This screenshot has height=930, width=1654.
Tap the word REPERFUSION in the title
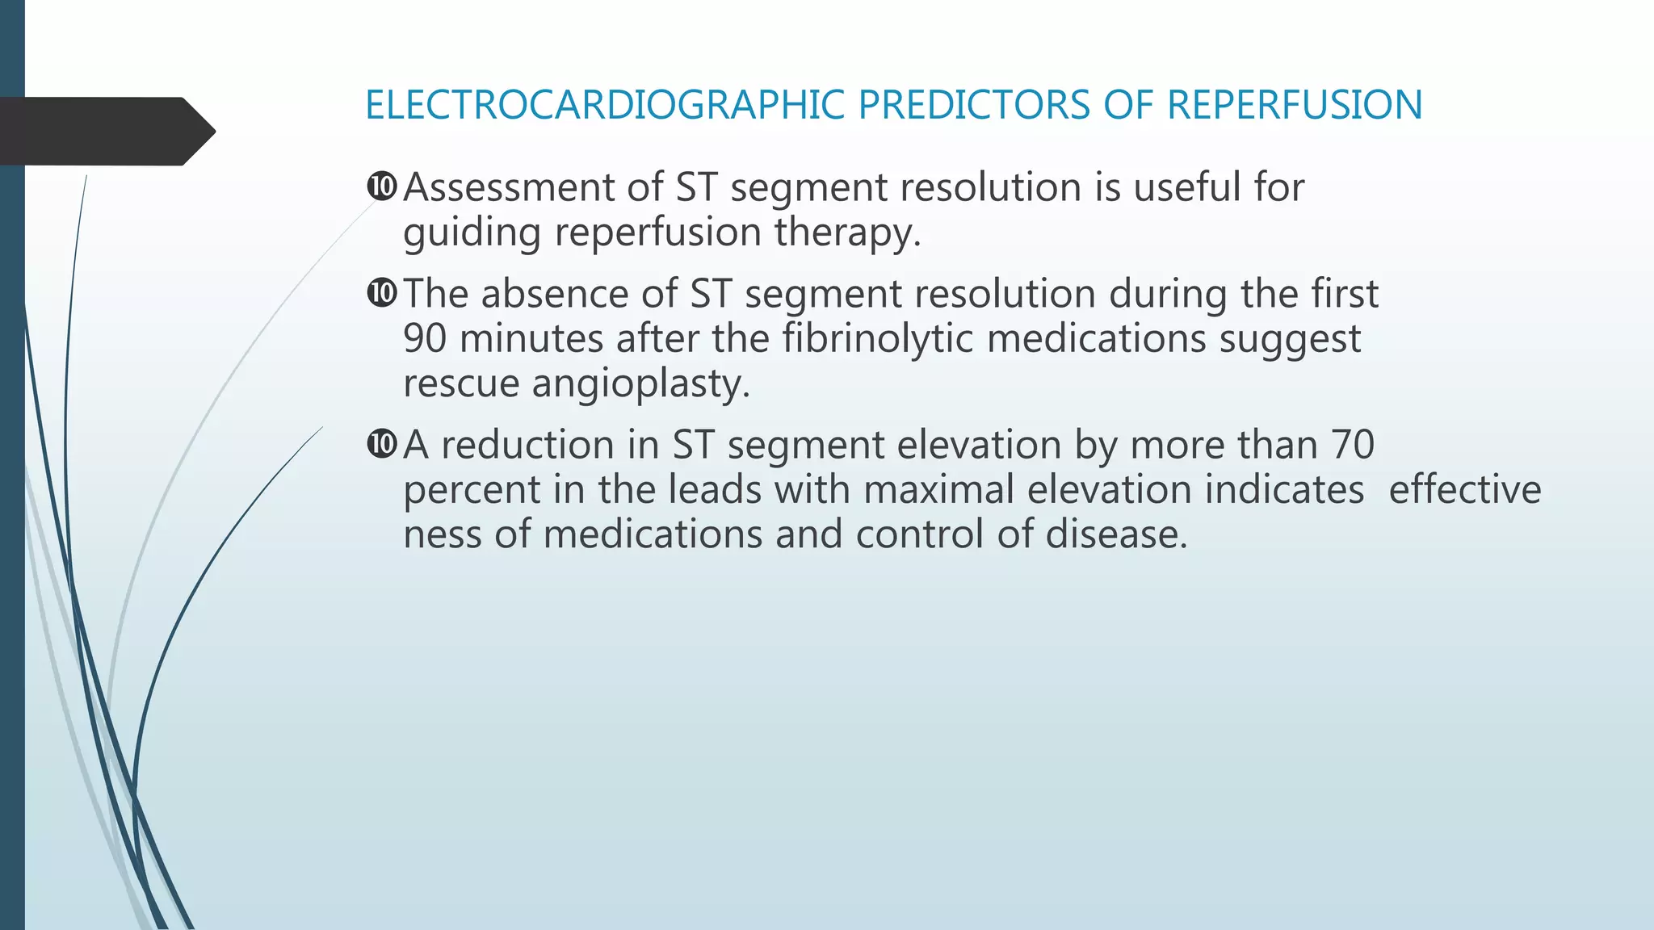coord(1295,106)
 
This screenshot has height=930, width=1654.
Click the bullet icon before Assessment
coord(381,186)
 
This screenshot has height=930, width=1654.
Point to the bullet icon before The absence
coord(381,292)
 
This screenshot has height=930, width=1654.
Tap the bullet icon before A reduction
coord(381,443)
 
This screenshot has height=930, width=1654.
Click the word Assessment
coord(509,187)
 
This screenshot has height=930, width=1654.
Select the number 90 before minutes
coord(425,338)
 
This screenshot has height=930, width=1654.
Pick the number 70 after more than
coord(1352,445)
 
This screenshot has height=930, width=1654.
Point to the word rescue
coord(461,384)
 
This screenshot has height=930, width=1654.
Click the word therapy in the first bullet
coord(847,233)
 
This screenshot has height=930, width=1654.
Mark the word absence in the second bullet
coord(555,294)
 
